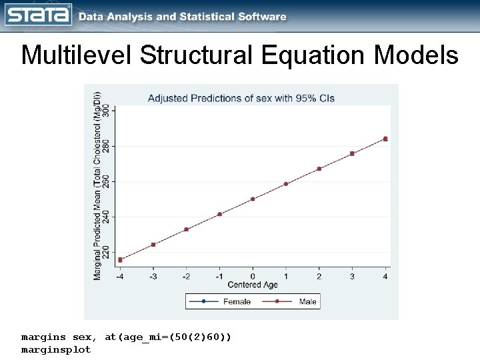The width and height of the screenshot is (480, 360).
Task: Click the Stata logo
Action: coord(39,15)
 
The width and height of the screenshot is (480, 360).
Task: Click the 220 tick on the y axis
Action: coord(106,252)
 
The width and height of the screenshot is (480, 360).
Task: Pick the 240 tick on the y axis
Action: coord(106,217)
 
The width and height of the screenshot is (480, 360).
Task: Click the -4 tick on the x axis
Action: coord(120,276)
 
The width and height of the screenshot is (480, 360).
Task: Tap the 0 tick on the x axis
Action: coord(253,276)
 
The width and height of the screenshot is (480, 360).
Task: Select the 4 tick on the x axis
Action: coord(385,276)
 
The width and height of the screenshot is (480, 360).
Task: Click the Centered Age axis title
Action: coord(253,285)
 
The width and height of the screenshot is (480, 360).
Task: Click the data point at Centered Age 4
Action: coord(385,139)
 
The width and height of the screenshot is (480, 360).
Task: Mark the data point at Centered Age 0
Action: coord(253,199)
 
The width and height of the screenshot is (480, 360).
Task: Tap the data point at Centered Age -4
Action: coord(120,259)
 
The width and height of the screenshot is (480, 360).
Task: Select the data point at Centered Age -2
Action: coord(187,229)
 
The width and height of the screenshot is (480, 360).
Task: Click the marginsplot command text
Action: coord(56,349)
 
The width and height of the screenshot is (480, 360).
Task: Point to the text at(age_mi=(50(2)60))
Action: coord(168,337)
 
